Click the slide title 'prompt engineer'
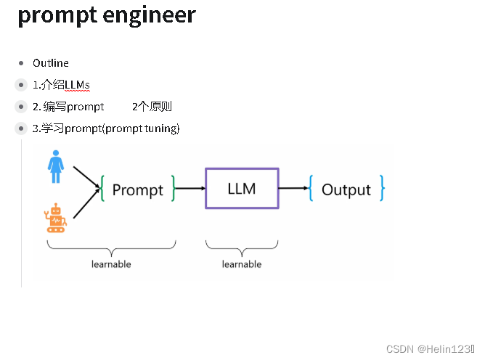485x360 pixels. tap(107, 15)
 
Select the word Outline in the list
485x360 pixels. tap(51, 63)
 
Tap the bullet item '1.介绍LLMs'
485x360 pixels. tap(61, 85)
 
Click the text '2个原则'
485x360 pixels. tap(152, 107)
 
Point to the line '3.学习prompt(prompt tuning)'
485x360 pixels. tap(106, 128)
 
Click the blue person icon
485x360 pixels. tap(56, 166)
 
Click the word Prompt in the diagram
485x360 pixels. tap(137, 190)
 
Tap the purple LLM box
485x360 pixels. tap(242, 189)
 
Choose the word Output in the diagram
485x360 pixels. tap(346, 190)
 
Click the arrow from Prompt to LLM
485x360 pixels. tap(190, 189)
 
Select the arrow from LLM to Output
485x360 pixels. tap(293, 189)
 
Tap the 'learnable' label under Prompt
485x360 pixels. tap(111, 264)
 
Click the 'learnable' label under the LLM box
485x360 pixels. tap(242, 264)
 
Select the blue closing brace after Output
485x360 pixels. tap(381, 189)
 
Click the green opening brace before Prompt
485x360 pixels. tap(105, 189)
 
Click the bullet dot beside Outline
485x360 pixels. tap(22, 63)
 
